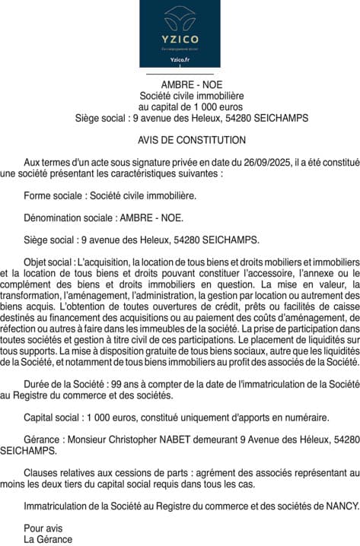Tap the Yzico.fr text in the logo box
coord(180,58)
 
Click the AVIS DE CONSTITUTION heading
coord(192,141)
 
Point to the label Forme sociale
coord(53,195)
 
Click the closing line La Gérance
coord(48,539)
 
